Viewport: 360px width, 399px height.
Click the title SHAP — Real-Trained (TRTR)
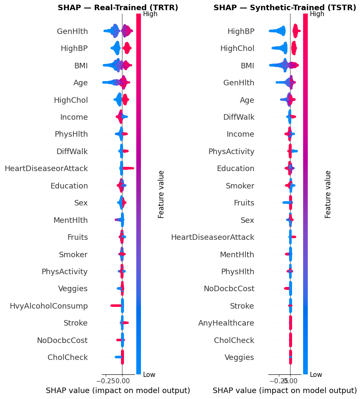118,8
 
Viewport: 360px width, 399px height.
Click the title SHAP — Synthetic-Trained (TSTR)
286,8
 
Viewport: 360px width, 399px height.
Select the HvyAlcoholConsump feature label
49,306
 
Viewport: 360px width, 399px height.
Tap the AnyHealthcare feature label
226,323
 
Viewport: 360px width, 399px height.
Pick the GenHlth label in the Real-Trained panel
72,31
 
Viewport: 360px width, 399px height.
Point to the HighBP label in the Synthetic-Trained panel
241,31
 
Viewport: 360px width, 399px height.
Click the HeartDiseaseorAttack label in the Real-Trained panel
46,169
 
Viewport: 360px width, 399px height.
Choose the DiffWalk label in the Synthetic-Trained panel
239,117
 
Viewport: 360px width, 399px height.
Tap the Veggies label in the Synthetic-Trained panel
239,357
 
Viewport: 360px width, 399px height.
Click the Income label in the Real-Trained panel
74,117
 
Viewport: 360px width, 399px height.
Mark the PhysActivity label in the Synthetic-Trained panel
231,152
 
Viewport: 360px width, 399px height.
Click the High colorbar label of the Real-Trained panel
151,14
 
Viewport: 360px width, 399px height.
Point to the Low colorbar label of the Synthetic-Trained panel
316,374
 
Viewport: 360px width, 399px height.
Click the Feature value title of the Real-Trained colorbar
161,194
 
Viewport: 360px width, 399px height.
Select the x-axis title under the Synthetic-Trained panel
284,391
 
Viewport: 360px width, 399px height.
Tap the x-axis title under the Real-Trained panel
118,391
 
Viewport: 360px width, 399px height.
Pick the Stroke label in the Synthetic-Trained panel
242,306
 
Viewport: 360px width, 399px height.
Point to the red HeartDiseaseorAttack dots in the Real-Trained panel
128,169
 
